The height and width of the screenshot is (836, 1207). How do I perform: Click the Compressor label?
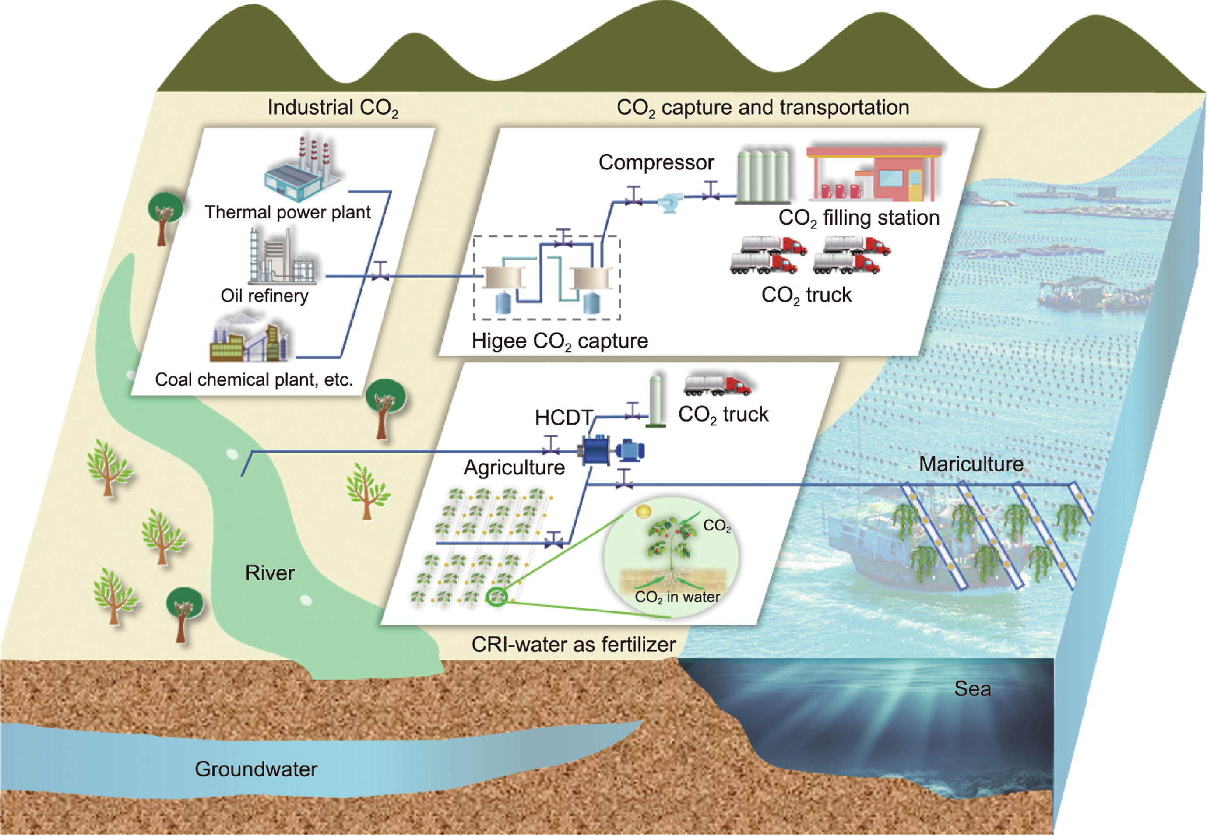click(656, 162)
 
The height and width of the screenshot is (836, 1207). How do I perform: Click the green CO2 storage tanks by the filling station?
click(763, 176)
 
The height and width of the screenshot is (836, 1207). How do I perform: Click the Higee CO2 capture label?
click(560, 341)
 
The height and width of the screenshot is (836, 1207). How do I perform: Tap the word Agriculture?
click(514, 467)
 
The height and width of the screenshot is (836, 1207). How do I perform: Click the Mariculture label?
click(971, 464)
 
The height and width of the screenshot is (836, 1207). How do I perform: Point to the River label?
click(270, 573)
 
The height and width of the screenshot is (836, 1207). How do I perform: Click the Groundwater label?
click(256, 769)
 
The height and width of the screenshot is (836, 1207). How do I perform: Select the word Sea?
click(972, 688)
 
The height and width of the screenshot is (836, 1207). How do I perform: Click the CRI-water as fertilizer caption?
click(574, 644)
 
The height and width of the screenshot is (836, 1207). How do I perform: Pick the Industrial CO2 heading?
click(333, 108)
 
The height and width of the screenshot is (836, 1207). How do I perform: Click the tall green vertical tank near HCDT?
click(655, 401)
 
